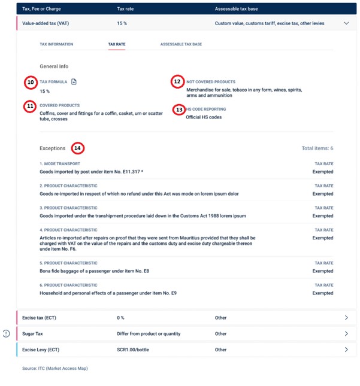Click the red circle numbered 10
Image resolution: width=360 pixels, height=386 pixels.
point(30,82)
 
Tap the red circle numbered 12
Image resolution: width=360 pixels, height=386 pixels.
point(177,82)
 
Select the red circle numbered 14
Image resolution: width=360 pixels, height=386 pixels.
point(78,148)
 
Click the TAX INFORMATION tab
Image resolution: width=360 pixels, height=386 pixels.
point(56,44)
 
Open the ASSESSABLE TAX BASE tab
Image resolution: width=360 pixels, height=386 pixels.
point(181,44)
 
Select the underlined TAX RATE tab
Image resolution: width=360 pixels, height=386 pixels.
point(116,44)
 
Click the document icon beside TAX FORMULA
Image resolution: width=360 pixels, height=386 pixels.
point(74,81)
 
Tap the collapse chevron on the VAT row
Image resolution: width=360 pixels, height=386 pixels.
point(346,23)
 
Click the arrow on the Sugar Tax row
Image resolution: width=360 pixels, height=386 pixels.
point(346,333)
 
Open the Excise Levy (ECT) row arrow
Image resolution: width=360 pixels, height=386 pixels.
point(346,349)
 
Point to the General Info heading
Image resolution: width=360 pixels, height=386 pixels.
point(54,66)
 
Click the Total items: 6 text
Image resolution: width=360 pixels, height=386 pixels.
point(317,148)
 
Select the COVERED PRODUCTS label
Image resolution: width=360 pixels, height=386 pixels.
point(59,105)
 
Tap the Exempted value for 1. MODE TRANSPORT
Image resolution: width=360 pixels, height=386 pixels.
point(323,172)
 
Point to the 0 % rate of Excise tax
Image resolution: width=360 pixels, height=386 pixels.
point(121,318)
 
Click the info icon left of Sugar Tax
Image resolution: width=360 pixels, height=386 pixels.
point(6,333)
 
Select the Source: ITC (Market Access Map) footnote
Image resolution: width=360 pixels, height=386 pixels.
point(55,368)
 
